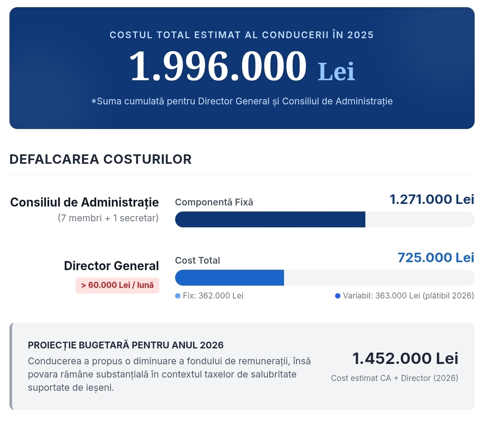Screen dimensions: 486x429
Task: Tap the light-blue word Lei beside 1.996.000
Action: pyautogui.click(x=336, y=71)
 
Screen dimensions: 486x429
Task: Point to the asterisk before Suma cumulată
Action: pyautogui.click(x=94, y=101)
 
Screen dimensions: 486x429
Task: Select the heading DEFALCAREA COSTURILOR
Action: pyautogui.click(x=101, y=159)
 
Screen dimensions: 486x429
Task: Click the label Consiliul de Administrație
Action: pyautogui.click(x=84, y=202)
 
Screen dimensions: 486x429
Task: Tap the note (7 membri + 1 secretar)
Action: pyautogui.click(x=108, y=218)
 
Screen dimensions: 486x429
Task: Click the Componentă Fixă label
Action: pyautogui.click(x=214, y=202)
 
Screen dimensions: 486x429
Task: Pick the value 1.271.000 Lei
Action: pyautogui.click(x=432, y=199)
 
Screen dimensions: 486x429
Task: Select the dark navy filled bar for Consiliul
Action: pyautogui.click(x=270, y=219)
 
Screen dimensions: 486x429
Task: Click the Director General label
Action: pyautogui.click(x=112, y=266)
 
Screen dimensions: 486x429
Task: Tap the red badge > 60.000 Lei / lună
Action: pyautogui.click(x=117, y=285)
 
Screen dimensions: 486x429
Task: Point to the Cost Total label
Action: pyautogui.click(x=197, y=261)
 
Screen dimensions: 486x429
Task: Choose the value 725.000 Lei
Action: pyautogui.click(x=436, y=258)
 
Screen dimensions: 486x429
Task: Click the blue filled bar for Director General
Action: pyautogui.click(x=230, y=278)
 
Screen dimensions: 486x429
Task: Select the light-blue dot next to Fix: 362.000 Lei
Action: pyautogui.click(x=178, y=296)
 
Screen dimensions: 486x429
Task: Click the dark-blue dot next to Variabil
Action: pyautogui.click(x=337, y=296)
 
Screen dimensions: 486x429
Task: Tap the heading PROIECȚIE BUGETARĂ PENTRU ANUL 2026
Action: pyautogui.click(x=126, y=345)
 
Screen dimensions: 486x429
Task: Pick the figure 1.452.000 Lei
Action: pyautogui.click(x=405, y=359)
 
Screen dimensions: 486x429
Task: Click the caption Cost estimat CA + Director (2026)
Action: pyautogui.click(x=394, y=378)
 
